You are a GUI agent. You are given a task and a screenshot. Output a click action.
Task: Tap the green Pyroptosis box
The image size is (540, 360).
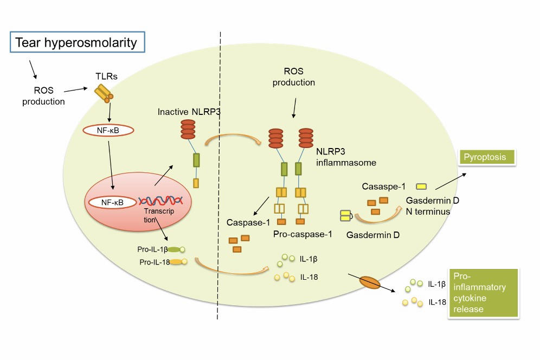click(x=487, y=157)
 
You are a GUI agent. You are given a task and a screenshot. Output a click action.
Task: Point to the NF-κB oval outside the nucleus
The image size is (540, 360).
click(x=109, y=130)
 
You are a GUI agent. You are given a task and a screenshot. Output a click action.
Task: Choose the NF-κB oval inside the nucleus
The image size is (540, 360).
click(x=112, y=203)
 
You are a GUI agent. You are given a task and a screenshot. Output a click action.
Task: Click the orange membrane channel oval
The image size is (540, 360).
click(x=371, y=283)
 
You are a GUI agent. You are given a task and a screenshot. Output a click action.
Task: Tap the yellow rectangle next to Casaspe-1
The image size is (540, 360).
click(x=422, y=186)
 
